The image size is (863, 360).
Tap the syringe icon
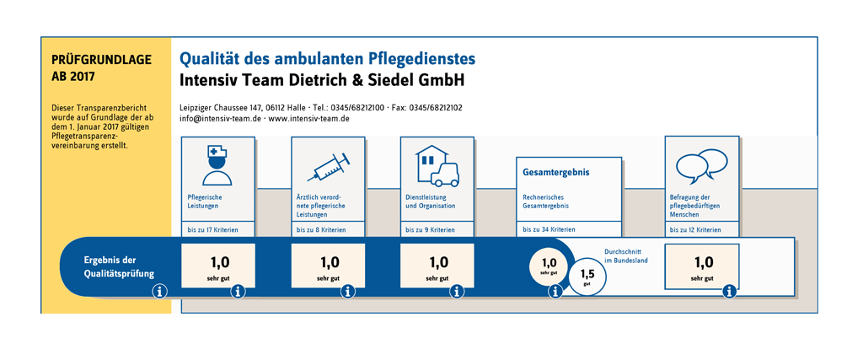(329, 167)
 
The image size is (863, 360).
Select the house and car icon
(437, 166)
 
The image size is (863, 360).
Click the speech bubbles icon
(702, 166)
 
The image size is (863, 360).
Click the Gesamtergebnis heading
(556, 172)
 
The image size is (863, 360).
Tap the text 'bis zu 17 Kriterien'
(212, 229)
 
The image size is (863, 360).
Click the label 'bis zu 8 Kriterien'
(321, 229)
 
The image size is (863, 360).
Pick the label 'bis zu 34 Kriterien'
(549, 229)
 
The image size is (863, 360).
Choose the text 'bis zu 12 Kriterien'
(695, 229)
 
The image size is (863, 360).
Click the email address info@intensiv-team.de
(220, 118)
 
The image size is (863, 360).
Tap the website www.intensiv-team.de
(308, 118)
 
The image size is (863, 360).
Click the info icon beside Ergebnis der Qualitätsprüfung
(159, 291)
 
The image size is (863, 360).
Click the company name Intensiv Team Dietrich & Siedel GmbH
(322, 80)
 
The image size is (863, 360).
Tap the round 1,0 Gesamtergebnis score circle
(549, 266)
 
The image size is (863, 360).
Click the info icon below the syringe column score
(348, 292)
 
